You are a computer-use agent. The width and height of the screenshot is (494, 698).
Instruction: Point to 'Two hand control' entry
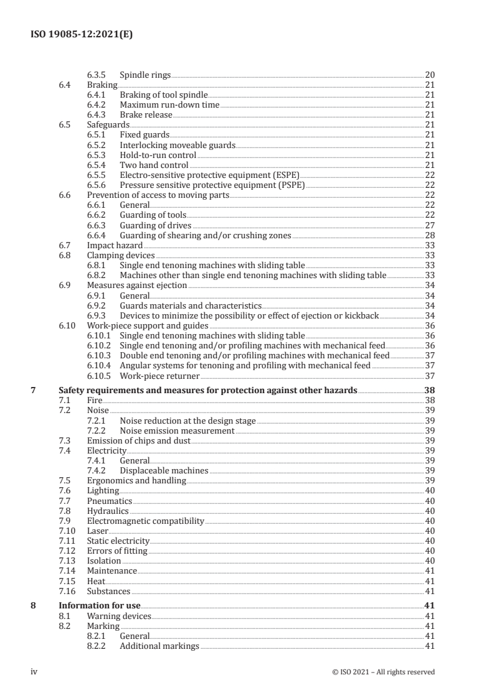(154, 165)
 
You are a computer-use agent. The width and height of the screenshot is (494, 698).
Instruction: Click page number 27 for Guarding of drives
(429, 225)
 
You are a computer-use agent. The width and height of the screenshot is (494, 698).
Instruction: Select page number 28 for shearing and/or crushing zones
(429, 235)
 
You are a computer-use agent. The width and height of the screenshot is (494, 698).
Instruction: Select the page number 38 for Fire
(429, 401)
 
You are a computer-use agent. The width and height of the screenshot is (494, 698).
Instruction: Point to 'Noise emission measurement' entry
(177, 430)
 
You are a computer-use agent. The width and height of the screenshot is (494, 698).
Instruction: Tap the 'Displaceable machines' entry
(164, 470)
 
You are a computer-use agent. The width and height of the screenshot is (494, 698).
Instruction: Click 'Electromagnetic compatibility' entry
(145, 521)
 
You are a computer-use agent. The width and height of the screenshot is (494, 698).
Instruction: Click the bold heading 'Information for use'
(99, 605)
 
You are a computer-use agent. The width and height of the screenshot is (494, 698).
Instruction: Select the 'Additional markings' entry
(159, 646)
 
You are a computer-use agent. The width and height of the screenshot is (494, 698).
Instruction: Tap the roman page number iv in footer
(34, 672)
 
